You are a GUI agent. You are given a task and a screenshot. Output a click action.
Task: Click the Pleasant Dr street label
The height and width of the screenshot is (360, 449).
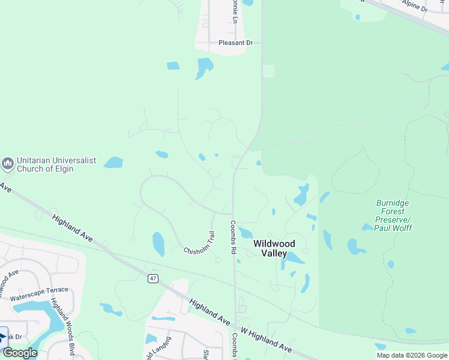tap(236, 43)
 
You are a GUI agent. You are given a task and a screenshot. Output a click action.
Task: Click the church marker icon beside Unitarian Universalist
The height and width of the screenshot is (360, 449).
tap(8, 163)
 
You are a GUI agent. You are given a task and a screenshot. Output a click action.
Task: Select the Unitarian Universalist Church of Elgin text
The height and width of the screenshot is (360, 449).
tap(45, 165)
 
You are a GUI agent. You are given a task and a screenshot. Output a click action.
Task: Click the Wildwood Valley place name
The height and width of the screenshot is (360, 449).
tap(274, 248)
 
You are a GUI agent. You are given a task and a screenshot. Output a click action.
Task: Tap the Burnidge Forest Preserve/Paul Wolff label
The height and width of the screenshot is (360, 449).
tap(392, 215)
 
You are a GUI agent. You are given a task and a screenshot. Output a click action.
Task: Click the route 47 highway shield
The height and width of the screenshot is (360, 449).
tap(154, 278)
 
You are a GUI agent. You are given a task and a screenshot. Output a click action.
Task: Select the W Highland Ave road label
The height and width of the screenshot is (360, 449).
tap(266, 340)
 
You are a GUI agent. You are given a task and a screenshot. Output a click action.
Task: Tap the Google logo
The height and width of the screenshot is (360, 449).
tap(20, 353)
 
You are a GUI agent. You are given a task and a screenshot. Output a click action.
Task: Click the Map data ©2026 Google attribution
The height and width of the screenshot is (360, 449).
tap(412, 355)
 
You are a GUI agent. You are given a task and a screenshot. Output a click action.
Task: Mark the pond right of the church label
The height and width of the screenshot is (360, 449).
tap(113, 162)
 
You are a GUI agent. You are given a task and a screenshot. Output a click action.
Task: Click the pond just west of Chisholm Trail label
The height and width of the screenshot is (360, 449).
tap(158, 244)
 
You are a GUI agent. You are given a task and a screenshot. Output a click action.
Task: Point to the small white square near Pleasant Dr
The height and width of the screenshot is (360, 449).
tap(268, 71)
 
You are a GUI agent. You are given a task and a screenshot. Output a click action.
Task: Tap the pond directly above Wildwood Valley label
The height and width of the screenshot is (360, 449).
tap(246, 232)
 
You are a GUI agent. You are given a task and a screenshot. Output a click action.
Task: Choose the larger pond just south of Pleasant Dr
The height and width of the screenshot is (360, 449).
tap(204, 67)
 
